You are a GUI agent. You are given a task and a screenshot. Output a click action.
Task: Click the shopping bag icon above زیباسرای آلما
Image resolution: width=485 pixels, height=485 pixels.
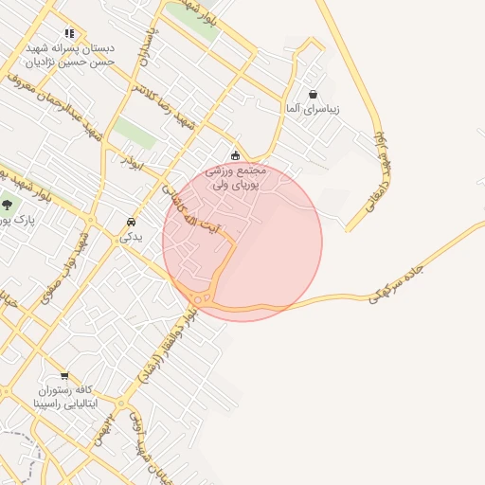coord(313,94)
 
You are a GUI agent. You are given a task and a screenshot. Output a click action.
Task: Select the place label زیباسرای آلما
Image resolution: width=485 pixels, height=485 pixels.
coord(314,110)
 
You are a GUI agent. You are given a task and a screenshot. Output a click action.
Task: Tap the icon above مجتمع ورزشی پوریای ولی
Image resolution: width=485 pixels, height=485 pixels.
coord(236,155)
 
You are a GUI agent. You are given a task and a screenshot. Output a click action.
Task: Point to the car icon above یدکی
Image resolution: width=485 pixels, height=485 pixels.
coord(129,223)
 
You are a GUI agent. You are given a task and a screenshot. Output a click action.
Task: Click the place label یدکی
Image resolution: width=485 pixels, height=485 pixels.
coord(130,238)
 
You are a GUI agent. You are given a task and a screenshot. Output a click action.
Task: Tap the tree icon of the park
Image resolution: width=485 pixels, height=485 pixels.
coord(8,204)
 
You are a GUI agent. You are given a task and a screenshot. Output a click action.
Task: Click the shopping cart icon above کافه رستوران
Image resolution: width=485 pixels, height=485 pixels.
coord(64,375)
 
